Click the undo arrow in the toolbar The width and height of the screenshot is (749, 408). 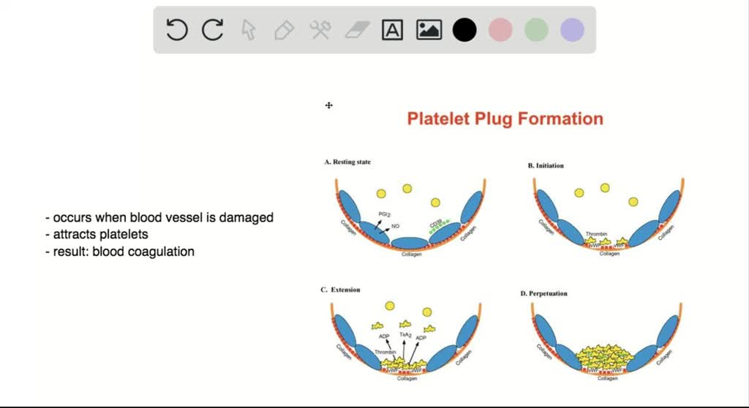point(177,30)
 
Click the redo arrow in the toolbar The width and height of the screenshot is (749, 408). point(212,30)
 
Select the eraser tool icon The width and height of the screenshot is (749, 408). point(357,30)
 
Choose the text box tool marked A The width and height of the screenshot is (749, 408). point(393,30)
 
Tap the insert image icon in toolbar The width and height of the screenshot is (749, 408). point(429,30)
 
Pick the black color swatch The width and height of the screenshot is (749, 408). point(464,30)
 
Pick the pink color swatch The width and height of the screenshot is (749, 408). point(500,30)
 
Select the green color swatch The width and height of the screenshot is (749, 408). point(536,30)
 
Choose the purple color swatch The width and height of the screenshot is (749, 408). point(572,30)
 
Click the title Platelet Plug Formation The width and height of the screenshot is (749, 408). point(505,119)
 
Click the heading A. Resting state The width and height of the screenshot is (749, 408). point(347,162)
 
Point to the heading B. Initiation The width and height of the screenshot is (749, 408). point(546,166)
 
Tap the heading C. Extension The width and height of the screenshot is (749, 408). point(340,290)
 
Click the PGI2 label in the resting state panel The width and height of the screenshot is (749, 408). point(384,214)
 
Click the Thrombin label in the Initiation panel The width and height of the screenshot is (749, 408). point(597,235)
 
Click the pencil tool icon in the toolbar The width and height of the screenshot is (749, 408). point(284,30)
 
